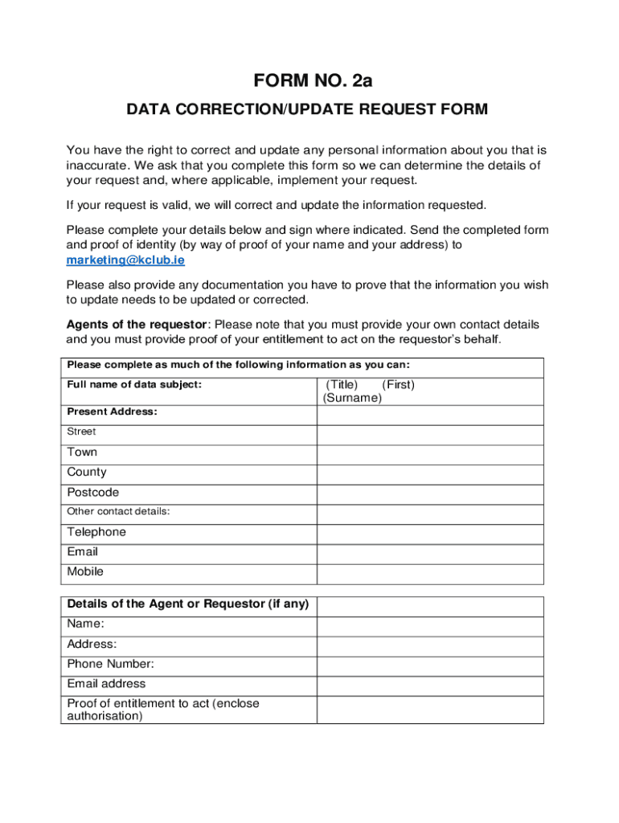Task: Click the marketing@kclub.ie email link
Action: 125,260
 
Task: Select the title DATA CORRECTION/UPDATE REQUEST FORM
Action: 307,109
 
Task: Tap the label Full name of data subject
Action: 134,385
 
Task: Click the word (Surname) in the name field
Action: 352,398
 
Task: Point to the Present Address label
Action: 112,411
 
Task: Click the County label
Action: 87,473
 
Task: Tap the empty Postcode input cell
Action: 430,494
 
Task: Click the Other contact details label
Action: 118,512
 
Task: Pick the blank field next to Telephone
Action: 430,534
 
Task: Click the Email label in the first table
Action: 83,552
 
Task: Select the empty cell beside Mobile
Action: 430,573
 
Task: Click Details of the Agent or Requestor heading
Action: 188,604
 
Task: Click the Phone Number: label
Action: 111,664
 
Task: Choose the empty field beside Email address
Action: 430,686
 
